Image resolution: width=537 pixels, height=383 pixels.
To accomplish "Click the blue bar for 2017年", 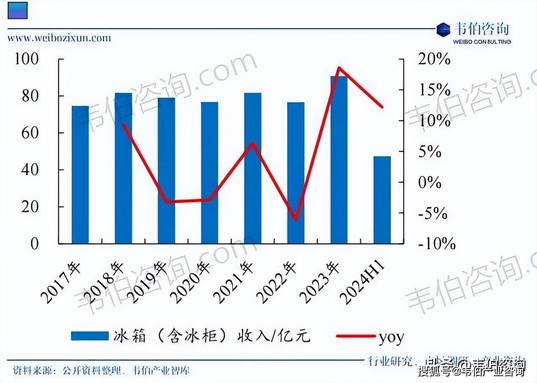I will [x=80, y=175].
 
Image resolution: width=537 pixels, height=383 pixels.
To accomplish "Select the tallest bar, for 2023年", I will [x=339, y=160].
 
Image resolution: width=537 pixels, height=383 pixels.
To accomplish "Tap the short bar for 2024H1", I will [x=382, y=200].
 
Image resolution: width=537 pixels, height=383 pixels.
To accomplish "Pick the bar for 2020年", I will [x=209, y=172].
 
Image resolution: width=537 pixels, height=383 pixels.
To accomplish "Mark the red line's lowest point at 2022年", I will [x=296, y=219].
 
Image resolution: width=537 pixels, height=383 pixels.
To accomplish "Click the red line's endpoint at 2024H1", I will [x=382, y=107].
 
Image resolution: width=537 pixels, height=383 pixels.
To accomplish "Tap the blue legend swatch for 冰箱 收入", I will [x=90, y=336].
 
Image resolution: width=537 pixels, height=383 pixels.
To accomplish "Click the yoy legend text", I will [x=391, y=337].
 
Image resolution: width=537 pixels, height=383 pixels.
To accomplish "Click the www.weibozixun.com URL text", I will [x=60, y=38].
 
